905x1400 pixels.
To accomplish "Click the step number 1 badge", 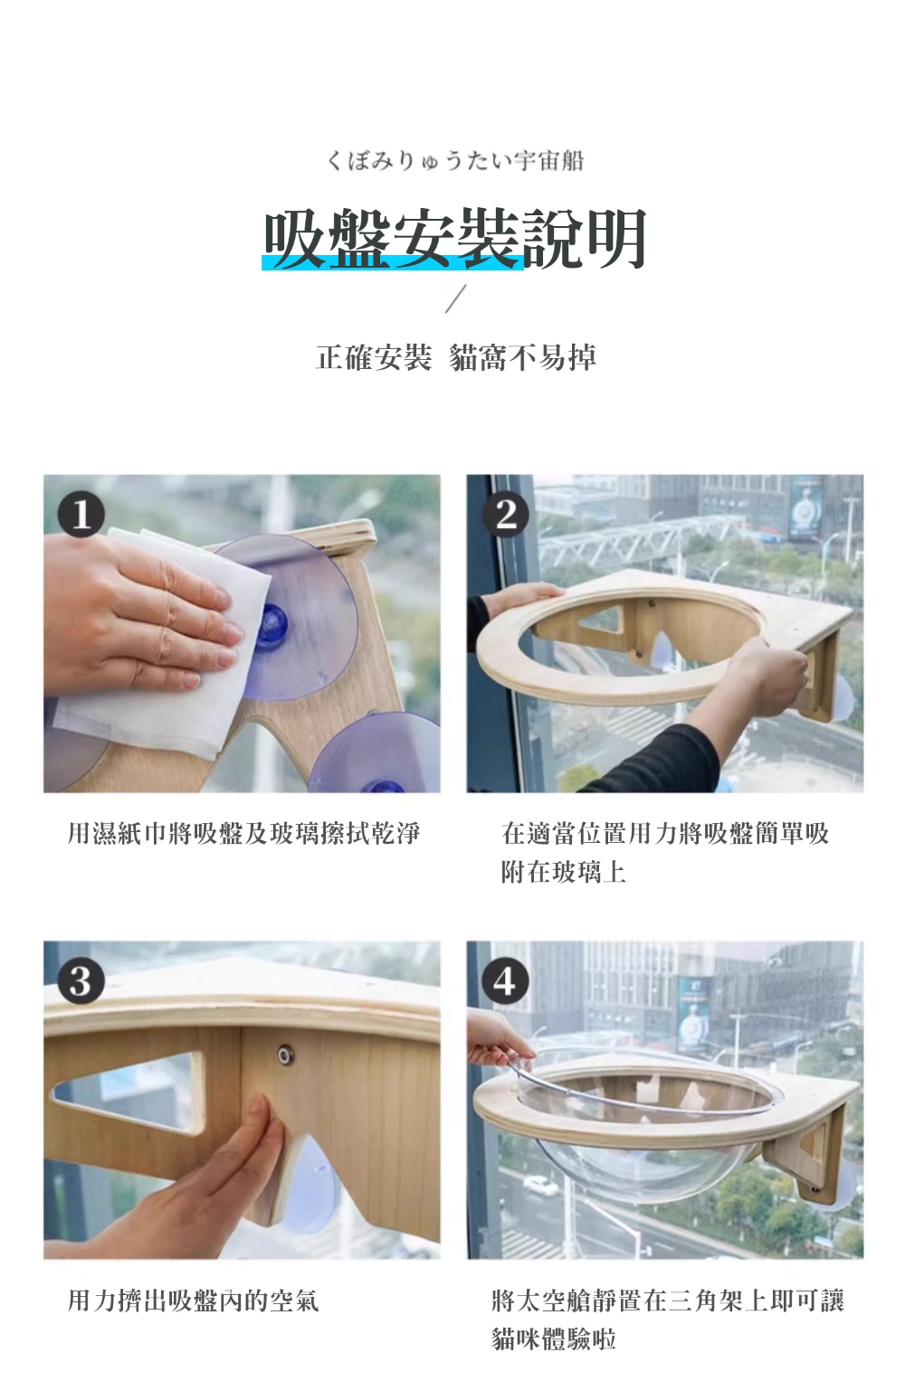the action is (81, 515).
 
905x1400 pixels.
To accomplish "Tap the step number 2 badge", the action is (505, 515).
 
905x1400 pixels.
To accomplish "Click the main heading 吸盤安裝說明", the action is (454, 239).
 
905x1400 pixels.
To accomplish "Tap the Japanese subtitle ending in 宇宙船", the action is (454, 161).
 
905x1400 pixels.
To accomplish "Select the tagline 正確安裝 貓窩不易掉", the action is (456, 357).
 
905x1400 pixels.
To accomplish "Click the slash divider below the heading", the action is (455, 298).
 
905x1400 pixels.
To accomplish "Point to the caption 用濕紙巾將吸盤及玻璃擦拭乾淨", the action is (243, 834).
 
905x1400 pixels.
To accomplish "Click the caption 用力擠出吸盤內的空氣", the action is (194, 1300).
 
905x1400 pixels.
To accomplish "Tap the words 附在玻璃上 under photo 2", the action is (563, 872).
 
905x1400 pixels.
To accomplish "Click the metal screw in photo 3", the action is (286, 1056).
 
